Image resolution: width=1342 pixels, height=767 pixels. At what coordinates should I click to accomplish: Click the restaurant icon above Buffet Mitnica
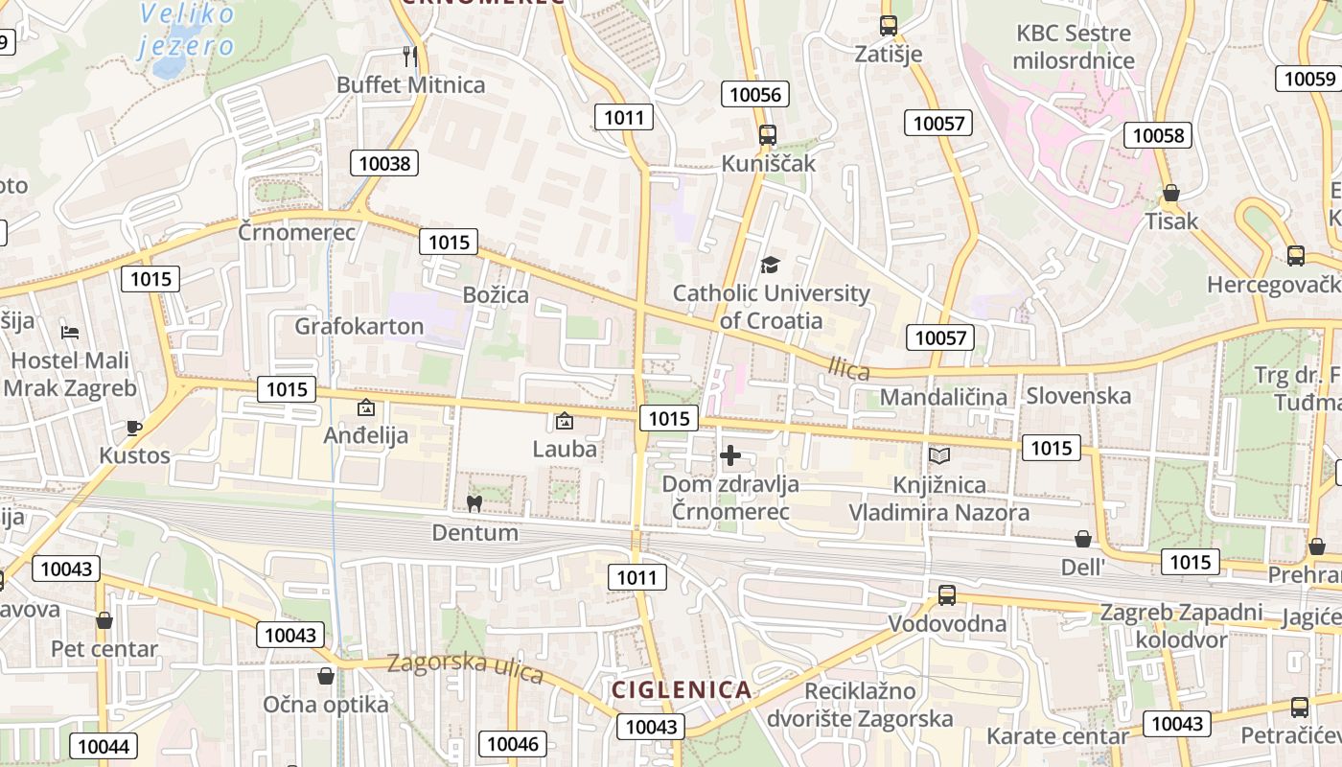tap(409, 56)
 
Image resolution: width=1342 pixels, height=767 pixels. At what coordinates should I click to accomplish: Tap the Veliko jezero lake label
tap(187, 30)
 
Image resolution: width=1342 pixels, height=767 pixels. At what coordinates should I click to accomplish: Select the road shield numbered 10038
tap(384, 163)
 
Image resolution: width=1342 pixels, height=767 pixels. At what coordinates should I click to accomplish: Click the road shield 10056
tap(756, 93)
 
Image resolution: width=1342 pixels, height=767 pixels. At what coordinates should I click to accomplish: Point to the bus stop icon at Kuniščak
tap(767, 135)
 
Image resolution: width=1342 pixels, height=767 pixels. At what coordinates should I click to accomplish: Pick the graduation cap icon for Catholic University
tap(770, 265)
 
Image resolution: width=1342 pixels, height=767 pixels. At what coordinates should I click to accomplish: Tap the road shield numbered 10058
tap(1158, 135)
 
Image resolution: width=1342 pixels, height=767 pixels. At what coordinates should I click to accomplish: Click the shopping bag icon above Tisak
tap(1170, 193)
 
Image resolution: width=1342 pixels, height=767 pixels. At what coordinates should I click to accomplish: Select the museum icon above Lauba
tap(565, 420)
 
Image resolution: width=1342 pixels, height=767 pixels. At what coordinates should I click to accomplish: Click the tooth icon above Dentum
tap(474, 503)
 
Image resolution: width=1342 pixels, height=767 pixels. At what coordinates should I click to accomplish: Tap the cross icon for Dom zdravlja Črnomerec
tap(730, 455)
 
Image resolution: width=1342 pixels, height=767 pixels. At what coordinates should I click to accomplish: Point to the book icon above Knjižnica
tap(938, 455)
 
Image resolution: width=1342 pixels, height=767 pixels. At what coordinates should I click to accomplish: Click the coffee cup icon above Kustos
tap(134, 428)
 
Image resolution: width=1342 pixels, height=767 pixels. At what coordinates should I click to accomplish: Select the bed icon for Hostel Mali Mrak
tap(70, 333)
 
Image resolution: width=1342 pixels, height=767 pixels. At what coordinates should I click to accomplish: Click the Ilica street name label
tap(849, 366)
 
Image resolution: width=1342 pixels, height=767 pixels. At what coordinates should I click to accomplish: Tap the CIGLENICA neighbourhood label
tap(682, 689)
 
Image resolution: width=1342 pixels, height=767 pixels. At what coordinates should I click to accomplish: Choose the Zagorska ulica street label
tap(465, 668)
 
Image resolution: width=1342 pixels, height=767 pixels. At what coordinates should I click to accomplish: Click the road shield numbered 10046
tap(516, 743)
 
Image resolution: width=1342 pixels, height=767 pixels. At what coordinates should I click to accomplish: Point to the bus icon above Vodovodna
tap(946, 594)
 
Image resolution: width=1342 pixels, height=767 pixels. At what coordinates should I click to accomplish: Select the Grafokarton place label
tap(359, 326)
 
